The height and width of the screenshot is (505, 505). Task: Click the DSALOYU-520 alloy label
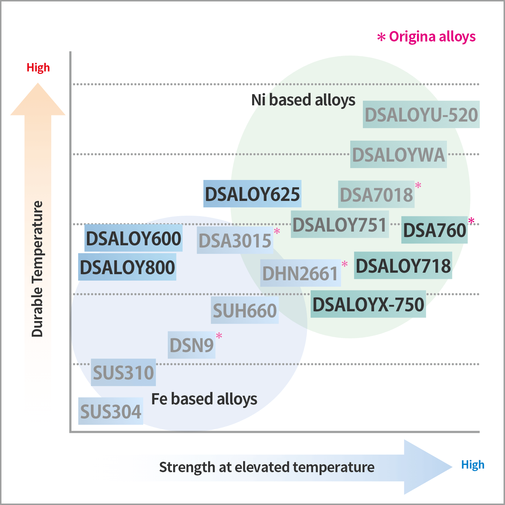click(421, 115)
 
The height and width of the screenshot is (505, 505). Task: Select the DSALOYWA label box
click(398, 154)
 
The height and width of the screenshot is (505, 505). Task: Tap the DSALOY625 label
click(252, 194)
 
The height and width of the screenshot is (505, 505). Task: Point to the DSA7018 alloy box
click(376, 194)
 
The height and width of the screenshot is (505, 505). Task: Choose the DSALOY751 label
click(339, 225)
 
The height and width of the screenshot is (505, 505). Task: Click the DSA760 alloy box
click(434, 230)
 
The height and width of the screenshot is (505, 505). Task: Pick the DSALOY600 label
click(133, 238)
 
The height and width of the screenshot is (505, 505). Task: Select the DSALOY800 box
click(127, 267)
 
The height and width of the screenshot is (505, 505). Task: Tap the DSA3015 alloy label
click(235, 241)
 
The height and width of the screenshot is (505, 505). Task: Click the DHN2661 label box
click(300, 273)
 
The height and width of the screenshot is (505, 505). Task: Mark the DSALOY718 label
click(403, 265)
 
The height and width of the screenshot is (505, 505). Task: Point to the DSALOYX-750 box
click(368, 304)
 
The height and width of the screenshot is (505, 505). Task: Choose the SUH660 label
click(245, 310)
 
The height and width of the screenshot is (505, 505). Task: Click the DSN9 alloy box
click(192, 345)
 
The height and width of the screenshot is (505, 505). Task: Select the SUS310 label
click(123, 372)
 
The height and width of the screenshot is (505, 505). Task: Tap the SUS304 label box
click(110, 411)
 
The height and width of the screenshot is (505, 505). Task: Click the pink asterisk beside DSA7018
click(418, 186)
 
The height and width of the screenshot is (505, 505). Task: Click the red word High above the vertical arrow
click(38, 67)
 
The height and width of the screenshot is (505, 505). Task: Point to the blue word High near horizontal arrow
click(473, 465)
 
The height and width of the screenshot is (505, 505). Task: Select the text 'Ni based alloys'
click(303, 100)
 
